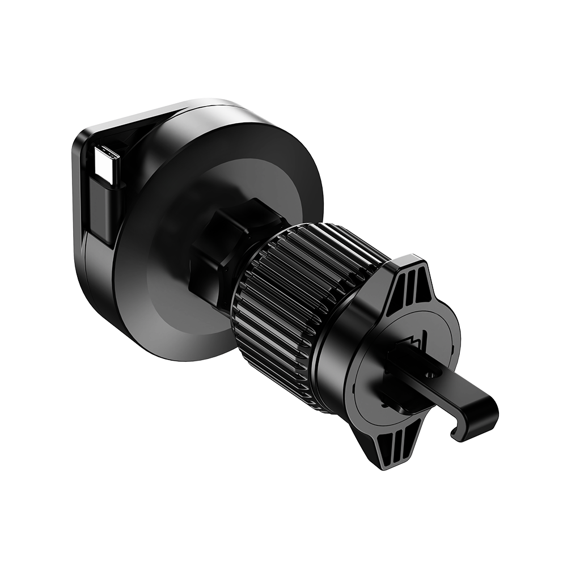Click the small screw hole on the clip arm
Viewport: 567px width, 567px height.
(x=430, y=375)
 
